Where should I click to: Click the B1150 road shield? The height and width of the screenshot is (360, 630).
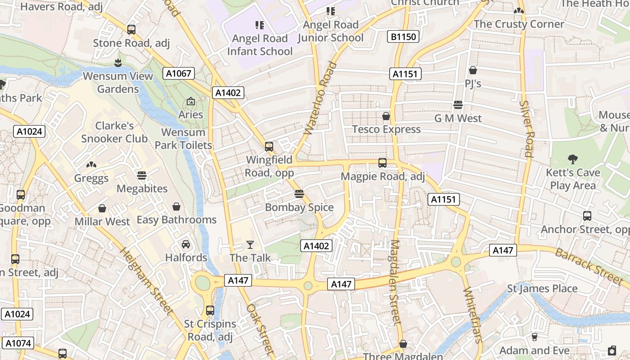tap(404, 36)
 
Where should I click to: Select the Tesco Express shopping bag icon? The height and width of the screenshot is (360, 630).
tap(386, 116)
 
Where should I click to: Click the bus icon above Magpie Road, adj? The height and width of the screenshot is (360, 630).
tap(382, 162)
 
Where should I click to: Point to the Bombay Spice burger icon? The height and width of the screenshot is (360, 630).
tap(299, 194)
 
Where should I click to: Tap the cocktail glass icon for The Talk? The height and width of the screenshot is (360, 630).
tap(250, 245)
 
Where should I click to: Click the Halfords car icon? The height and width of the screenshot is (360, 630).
tap(186, 244)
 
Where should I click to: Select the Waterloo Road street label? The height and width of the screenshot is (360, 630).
tap(320, 98)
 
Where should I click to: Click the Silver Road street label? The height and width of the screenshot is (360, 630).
tap(526, 128)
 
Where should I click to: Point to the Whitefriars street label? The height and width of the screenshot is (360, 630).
tap(472, 315)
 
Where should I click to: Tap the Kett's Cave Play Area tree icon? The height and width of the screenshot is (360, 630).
tap(572, 159)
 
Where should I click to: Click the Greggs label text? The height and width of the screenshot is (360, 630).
tap(91, 178)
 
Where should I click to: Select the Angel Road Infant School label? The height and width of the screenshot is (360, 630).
tap(260, 45)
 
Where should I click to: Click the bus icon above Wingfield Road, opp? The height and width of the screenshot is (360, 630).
tap(269, 146)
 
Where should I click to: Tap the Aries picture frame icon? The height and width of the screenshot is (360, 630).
tap(190, 101)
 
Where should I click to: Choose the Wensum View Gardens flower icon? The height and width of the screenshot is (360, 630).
tap(118, 62)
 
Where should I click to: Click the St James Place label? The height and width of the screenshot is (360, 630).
tap(542, 288)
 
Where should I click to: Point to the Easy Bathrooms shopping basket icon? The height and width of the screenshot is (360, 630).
tap(176, 207)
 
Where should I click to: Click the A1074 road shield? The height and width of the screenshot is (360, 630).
tap(18, 343)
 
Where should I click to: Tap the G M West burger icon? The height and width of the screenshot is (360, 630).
tap(458, 105)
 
